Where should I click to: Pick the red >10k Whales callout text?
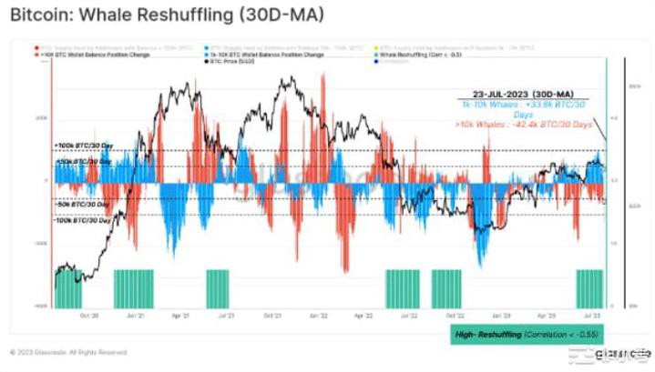pos(524,124)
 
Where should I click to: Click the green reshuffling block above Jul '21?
pos(217,289)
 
